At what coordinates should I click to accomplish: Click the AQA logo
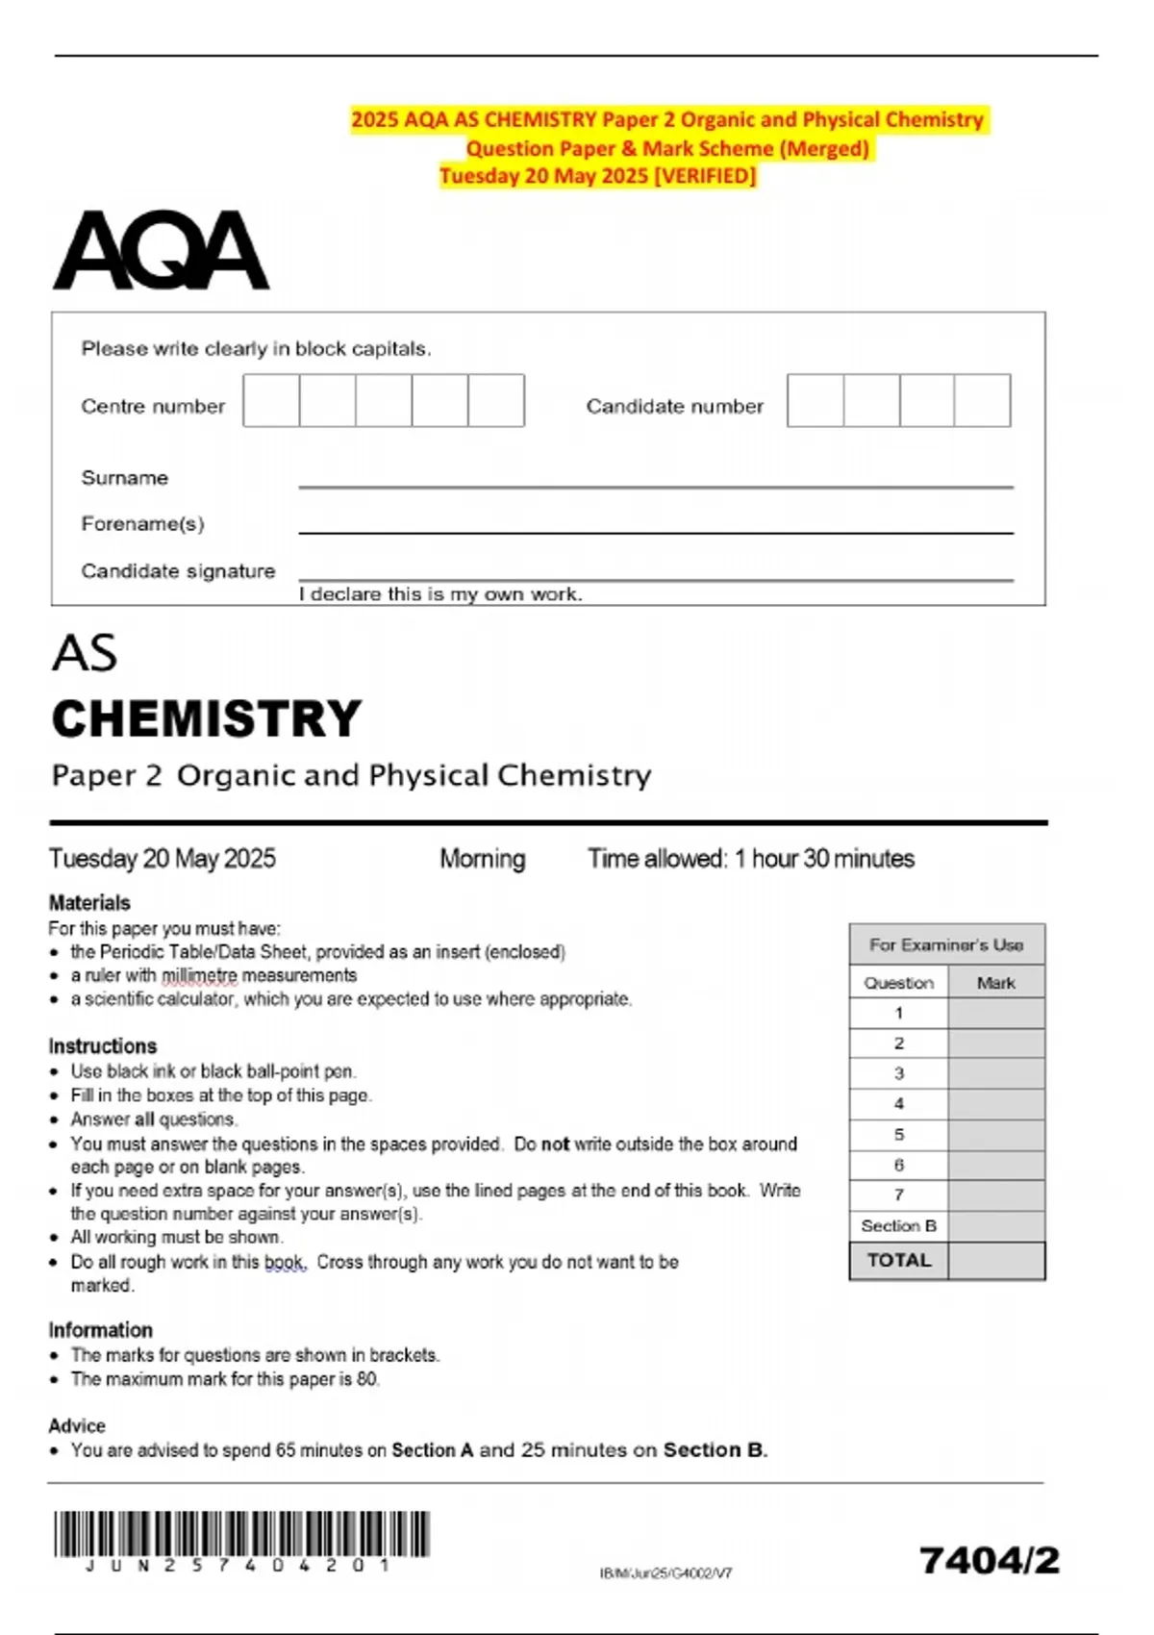pos(161,251)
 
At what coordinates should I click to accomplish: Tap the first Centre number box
pos(271,400)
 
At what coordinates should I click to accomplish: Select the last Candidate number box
pos(982,400)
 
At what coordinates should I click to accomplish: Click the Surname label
pos(124,478)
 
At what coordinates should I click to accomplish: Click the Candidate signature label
pos(178,571)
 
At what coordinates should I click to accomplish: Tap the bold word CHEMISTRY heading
pos(207,719)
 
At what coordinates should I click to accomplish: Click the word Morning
pos(482,859)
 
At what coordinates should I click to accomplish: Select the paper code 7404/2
pos(989,1560)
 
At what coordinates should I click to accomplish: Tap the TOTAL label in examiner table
pos(898,1261)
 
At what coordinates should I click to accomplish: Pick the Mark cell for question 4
pos(996,1104)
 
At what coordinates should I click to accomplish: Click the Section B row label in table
pos(898,1226)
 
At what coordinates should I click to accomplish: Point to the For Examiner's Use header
pos(946,945)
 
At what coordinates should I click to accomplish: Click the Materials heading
pos(89,903)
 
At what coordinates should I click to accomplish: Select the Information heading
pos(100,1330)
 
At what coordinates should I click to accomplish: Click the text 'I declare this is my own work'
pos(440,594)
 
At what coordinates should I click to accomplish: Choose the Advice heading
pos(77,1425)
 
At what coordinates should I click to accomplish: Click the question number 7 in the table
pos(898,1195)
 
